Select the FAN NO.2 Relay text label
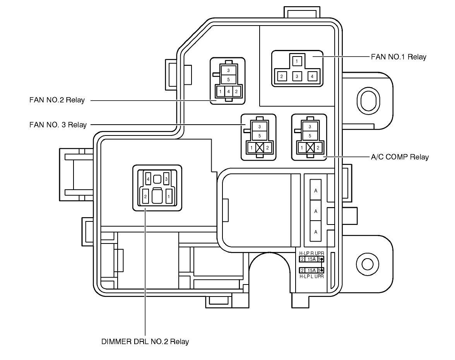(56, 100)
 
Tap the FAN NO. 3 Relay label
(58, 125)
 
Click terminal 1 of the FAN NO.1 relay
(297, 61)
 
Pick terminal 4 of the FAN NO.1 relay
(311, 76)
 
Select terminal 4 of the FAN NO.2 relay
(228, 92)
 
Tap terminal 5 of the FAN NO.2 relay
(228, 79)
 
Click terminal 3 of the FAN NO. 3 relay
(260, 127)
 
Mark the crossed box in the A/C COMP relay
(310, 147)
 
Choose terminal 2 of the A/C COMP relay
(318, 147)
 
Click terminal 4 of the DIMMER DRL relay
(148, 179)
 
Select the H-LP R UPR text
(311, 254)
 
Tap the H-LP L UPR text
(311, 276)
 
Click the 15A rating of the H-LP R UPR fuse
(311, 259)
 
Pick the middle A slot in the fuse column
(316, 211)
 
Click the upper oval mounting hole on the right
(366, 100)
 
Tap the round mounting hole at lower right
(366, 264)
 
